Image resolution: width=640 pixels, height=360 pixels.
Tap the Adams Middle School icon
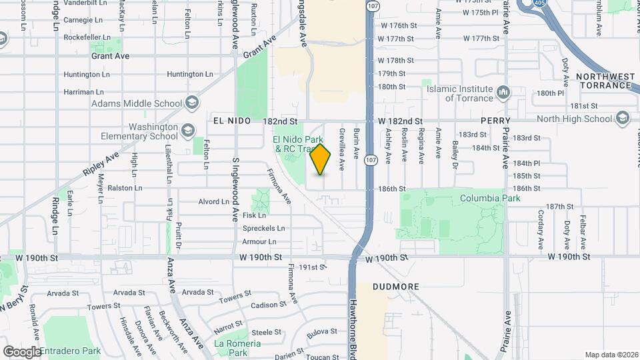pyautogui.click(x=192, y=103)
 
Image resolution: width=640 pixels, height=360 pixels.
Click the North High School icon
pyautogui.click(x=623, y=118)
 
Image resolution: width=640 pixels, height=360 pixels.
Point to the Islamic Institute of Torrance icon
pyautogui.click(x=503, y=91)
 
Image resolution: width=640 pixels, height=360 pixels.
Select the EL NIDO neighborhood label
pyautogui.click(x=232, y=121)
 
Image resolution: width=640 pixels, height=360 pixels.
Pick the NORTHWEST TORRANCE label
pyautogui.click(x=605, y=81)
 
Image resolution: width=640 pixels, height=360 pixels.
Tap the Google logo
pyautogui.click(x=21, y=351)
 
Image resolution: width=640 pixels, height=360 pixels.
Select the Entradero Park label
pyautogui.click(x=69, y=351)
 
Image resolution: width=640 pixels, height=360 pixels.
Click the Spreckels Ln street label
pyautogui.click(x=263, y=228)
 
